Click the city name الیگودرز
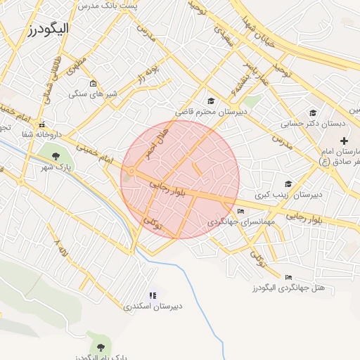tap(49, 29)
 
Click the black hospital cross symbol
tap(344, 141)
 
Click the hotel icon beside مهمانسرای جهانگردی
tap(240, 211)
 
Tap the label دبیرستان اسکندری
tap(153, 306)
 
